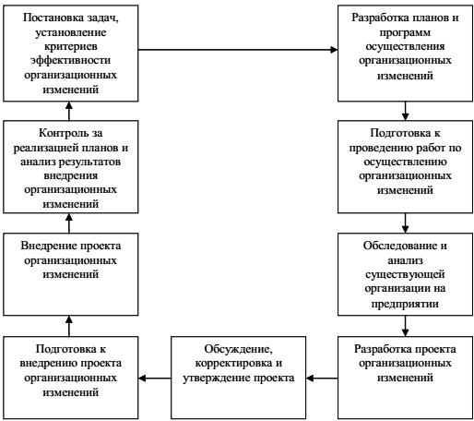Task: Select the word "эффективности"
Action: (x=70, y=60)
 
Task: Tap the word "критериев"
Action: (x=71, y=46)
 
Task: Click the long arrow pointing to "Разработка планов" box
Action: (x=238, y=50)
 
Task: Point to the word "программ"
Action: (x=405, y=32)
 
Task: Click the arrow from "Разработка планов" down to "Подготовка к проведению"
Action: (x=405, y=111)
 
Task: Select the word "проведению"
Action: (x=380, y=148)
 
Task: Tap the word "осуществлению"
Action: (x=405, y=162)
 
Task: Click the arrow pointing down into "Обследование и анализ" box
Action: (x=405, y=223)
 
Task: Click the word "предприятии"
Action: (x=405, y=304)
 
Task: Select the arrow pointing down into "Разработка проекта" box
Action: (x=405, y=326)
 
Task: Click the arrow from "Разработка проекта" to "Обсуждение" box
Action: (x=322, y=378)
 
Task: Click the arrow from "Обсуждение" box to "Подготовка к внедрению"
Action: (x=155, y=378)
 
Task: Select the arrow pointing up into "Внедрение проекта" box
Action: (x=69, y=326)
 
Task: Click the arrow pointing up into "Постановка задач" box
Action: (x=69, y=111)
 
